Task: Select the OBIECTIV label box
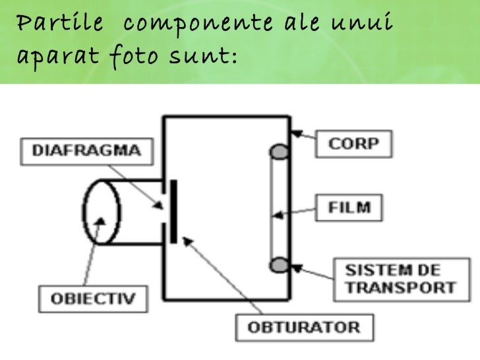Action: click(x=94, y=299)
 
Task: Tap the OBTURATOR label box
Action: click(x=304, y=327)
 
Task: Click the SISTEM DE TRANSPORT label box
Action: click(x=401, y=278)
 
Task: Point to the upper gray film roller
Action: click(x=280, y=153)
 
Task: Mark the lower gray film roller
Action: click(x=280, y=264)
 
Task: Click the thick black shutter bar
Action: click(x=173, y=210)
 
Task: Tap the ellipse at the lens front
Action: click(x=102, y=210)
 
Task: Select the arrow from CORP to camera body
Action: click(x=303, y=137)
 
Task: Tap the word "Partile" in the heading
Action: click(x=58, y=24)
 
